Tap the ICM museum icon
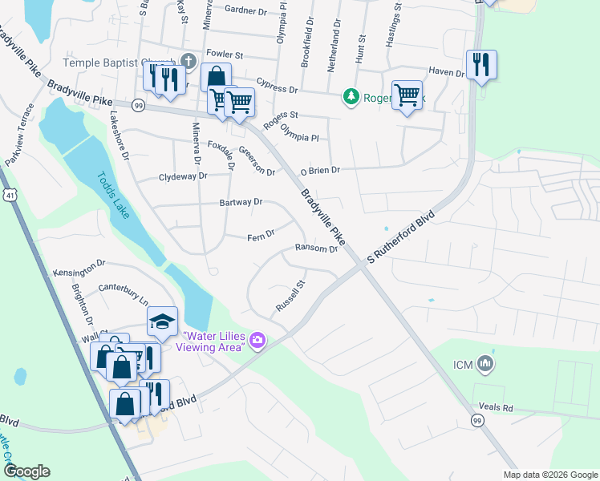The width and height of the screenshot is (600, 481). pos(484,365)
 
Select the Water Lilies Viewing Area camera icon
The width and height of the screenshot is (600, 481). pos(257,341)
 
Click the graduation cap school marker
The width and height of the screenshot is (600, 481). pos(162,322)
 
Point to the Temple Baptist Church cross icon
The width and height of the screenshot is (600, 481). pos(188,61)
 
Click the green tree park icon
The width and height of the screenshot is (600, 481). pos(351,97)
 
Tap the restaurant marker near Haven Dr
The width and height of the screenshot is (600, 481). pos(481,64)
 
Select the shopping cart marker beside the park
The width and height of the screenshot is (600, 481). pos(407,94)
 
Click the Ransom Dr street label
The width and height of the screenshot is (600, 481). pos(316,249)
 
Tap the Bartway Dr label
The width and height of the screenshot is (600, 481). pos(241,203)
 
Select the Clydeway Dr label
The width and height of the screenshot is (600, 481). pos(183,176)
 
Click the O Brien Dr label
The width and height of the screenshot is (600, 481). pos(321,170)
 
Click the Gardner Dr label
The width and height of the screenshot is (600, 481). pos(245,10)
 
